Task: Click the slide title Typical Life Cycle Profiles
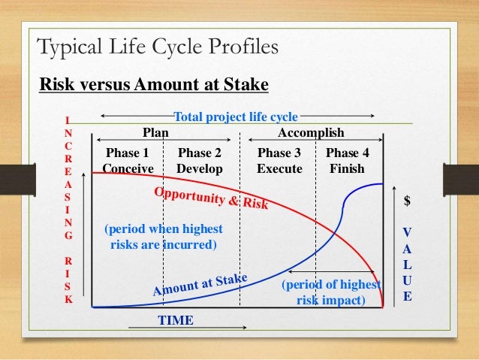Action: (158, 48)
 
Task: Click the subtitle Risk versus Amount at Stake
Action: (153, 85)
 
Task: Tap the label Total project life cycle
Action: (236, 116)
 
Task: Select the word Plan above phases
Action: (155, 133)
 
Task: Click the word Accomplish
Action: (311, 133)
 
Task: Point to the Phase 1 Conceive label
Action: (128, 161)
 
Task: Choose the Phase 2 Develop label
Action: (200, 161)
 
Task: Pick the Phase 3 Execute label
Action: (279, 161)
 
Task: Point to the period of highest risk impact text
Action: (330, 293)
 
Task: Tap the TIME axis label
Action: (175, 320)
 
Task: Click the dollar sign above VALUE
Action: (408, 201)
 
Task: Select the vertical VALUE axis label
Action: (408, 263)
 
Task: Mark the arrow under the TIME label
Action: (188, 328)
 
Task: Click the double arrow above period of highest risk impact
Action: (331, 271)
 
